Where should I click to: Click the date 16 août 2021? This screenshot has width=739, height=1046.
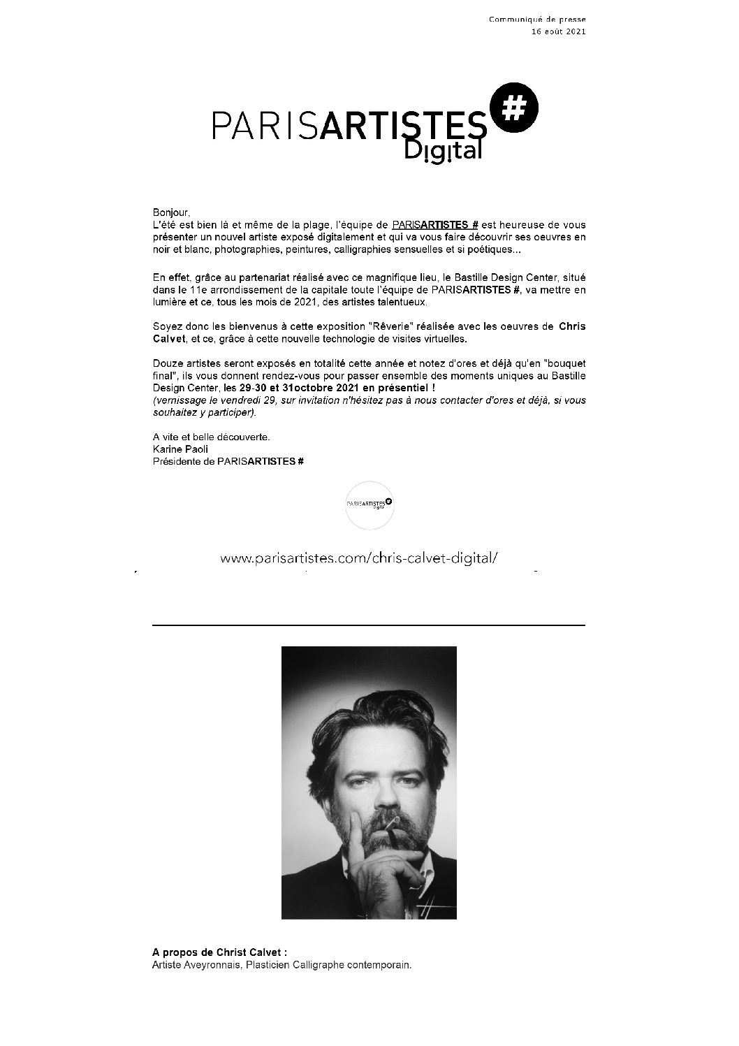[x=558, y=31]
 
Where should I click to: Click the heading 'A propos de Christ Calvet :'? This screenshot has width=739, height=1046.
[x=219, y=952]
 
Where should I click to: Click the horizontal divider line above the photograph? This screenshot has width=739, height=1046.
[x=369, y=625]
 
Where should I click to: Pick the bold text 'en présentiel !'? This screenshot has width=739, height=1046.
[x=400, y=387]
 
